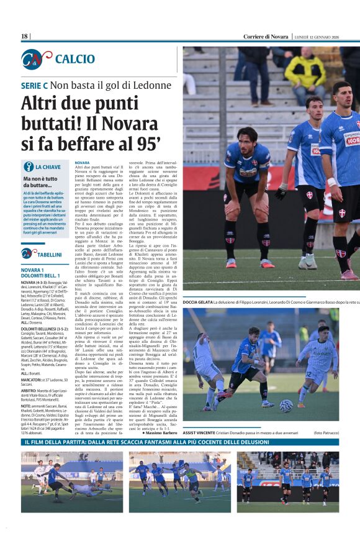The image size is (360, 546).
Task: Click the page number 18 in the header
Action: (24, 37)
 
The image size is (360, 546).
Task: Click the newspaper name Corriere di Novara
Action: (266, 37)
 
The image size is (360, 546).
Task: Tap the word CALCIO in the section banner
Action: (75, 59)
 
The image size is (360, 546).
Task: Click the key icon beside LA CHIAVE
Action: (28, 166)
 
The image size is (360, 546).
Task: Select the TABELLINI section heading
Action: (49, 254)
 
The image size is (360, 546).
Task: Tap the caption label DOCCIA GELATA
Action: (197, 302)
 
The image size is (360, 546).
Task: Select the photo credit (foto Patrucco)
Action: (326, 432)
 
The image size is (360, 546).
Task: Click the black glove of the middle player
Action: (281, 193)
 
